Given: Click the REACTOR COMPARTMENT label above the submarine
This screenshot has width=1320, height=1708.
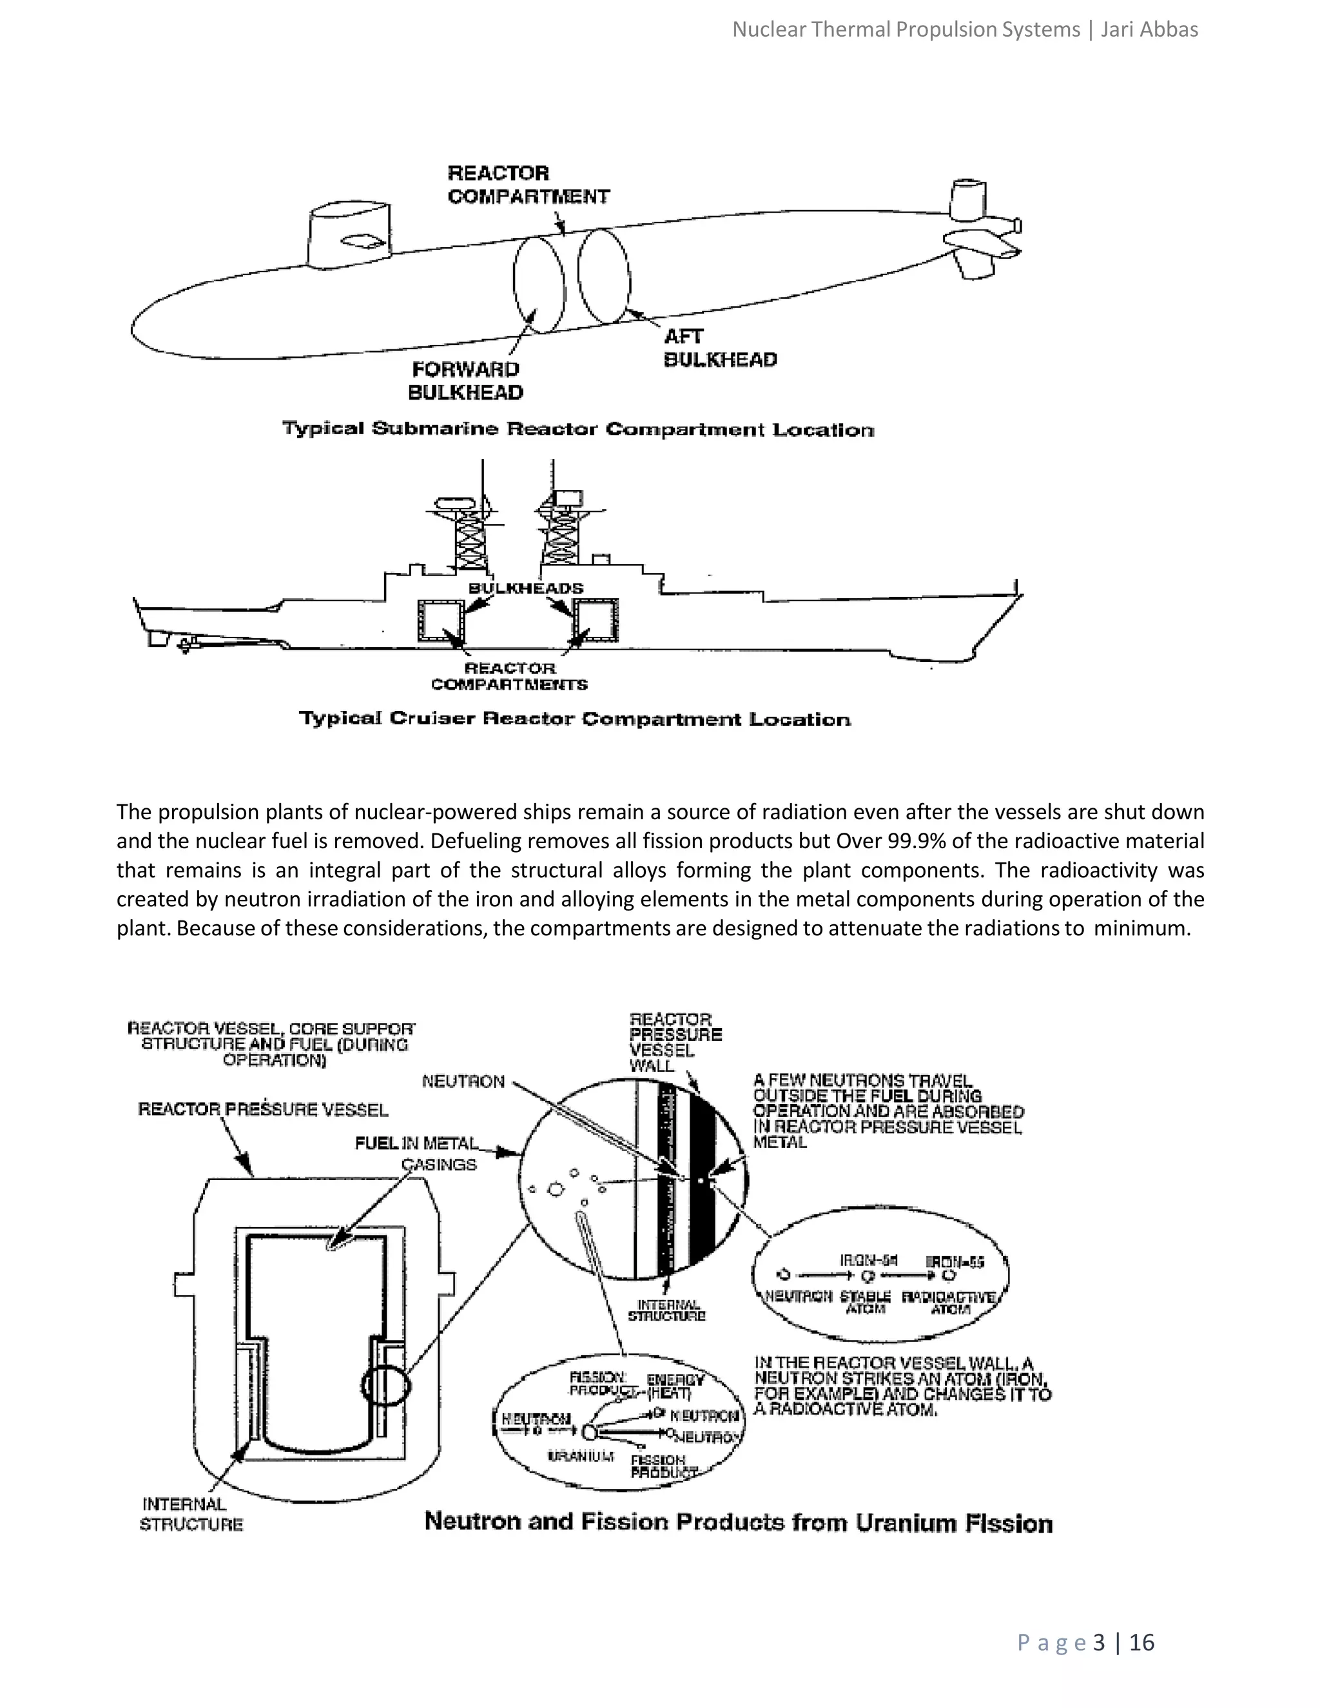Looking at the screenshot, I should (528, 184).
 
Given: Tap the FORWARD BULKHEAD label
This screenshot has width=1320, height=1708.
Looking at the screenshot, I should (465, 380).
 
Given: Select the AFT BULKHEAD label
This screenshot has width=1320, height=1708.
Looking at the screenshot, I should (719, 348).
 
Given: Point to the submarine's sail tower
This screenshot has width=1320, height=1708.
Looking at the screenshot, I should (349, 235).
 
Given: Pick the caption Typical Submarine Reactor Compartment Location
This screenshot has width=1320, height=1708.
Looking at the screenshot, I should (578, 429).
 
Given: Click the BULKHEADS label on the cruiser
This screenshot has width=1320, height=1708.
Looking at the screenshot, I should (525, 587).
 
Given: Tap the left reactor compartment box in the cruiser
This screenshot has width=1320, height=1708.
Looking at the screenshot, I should (440, 620).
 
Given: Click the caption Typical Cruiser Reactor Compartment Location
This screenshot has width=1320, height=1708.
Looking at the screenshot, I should (575, 718).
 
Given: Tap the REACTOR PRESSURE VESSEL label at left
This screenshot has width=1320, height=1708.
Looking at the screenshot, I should (263, 1109).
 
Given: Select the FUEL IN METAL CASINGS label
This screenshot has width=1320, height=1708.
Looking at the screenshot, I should (417, 1154).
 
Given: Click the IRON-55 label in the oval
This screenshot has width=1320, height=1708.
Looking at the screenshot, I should (955, 1261).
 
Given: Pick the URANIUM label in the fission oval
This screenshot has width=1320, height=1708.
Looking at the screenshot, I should (580, 1455).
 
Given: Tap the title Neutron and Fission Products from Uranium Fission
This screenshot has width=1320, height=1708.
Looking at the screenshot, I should (738, 1522).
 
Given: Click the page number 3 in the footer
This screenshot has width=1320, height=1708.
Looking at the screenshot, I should (1099, 1642).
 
